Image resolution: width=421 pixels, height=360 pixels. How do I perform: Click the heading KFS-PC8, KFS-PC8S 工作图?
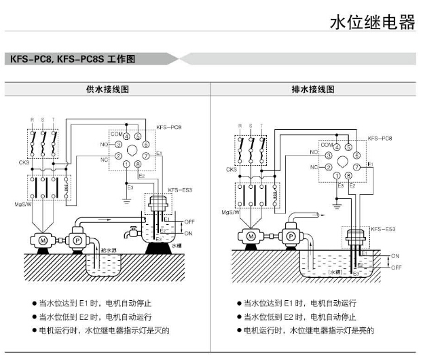click(73, 59)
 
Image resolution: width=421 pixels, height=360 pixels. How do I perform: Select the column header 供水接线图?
click(107, 89)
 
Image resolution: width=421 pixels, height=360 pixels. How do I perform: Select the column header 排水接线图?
click(314, 89)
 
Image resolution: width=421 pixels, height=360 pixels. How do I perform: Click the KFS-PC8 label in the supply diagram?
click(168, 127)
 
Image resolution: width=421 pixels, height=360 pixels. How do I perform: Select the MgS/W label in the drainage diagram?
click(230, 212)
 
